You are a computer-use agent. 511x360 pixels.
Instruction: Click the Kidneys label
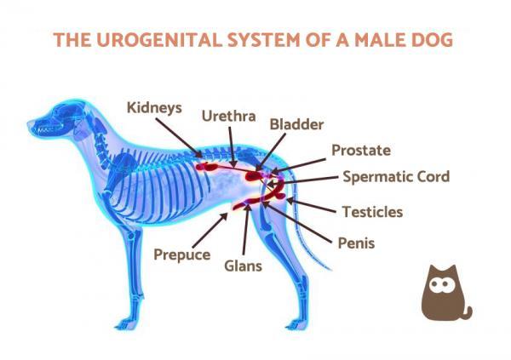pyautogui.click(x=154, y=108)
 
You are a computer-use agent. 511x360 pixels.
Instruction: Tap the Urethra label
pyautogui.click(x=229, y=116)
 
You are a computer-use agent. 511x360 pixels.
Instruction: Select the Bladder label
pyautogui.click(x=296, y=124)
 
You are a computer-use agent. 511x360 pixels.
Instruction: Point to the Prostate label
pyautogui.click(x=361, y=150)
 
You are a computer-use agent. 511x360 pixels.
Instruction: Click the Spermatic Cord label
pyautogui.click(x=396, y=177)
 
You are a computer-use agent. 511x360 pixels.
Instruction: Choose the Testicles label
pyautogui.click(x=372, y=212)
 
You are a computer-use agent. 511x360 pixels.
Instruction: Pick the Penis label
pyautogui.click(x=356, y=243)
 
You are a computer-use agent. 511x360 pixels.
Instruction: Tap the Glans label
pyautogui.click(x=243, y=266)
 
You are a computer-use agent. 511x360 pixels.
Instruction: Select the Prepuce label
pyautogui.click(x=182, y=254)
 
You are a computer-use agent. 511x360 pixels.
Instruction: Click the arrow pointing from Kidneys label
pyautogui.click(x=179, y=138)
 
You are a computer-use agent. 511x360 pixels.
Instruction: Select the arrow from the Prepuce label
pyautogui.click(x=210, y=230)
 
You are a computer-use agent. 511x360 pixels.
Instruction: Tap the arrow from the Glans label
pyautogui.click(x=246, y=229)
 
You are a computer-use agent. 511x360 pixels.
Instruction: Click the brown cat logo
pyautogui.click(x=445, y=293)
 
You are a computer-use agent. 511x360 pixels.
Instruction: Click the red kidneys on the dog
pyautogui.click(x=207, y=167)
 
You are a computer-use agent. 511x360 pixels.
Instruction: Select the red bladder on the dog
pyautogui.click(x=254, y=176)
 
